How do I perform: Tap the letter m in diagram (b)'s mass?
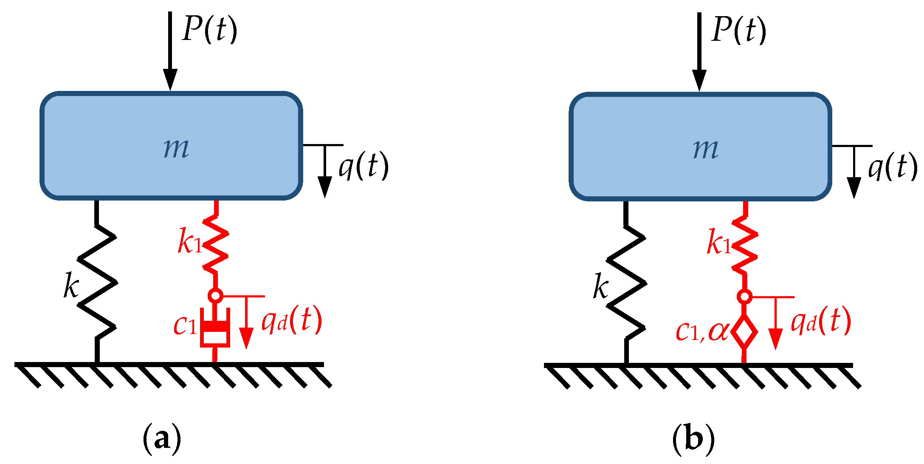(x=706, y=149)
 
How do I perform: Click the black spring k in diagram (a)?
(x=97, y=283)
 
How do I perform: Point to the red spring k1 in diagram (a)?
(x=216, y=244)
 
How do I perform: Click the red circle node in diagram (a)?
(x=215, y=295)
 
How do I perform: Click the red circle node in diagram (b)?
(x=744, y=296)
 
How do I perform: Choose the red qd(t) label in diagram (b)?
(x=821, y=321)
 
